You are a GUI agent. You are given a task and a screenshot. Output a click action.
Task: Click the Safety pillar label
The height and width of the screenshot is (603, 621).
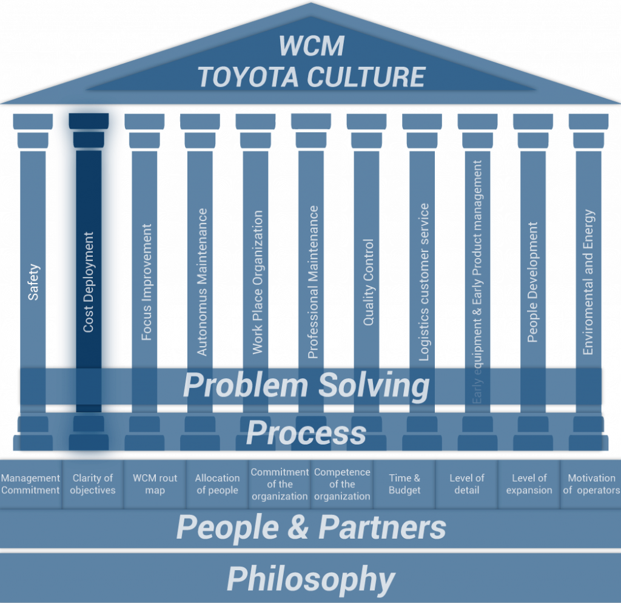pyautogui.click(x=34, y=282)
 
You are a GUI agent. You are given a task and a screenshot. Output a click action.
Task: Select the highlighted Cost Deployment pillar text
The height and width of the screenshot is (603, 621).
pyautogui.click(x=89, y=282)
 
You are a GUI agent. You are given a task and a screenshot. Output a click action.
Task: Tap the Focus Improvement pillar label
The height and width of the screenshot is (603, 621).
pyautogui.click(x=146, y=282)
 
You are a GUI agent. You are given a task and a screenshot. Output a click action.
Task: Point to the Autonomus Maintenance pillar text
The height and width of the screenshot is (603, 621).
pyautogui.click(x=202, y=282)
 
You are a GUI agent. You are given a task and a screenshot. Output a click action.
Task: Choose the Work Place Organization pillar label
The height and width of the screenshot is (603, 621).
pyautogui.click(x=258, y=282)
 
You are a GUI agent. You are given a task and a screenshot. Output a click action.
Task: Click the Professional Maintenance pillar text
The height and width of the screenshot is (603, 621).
pyautogui.click(x=313, y=282)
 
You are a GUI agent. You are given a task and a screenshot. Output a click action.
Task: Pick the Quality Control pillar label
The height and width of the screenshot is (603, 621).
pyautogui.click(x=368, y=282)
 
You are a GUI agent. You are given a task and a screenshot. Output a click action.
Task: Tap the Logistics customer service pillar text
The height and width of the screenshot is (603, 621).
pyautogui.click(x=424, y=282)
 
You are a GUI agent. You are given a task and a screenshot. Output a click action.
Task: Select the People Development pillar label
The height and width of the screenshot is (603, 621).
pyautogui.click(x=532, y=282)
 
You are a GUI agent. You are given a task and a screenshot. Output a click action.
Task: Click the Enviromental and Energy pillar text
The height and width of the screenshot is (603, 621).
pyautogui.click(x=588, y=282)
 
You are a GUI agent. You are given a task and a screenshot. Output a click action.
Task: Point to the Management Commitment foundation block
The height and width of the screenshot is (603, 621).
pyautogui.click(x=30, y=484)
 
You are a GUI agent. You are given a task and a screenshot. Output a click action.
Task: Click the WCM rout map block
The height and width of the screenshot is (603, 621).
pyautogui.click(x=155, y=484)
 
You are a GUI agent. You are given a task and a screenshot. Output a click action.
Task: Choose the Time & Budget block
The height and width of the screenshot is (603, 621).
pyautogui.click(x=404, y=484)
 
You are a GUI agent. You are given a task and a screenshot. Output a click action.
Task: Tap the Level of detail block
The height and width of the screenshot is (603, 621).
pyautogui.click(x=467, y=484)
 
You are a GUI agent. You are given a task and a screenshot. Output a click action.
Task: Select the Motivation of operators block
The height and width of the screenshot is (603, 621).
pyautogui.click(x=591, y=484)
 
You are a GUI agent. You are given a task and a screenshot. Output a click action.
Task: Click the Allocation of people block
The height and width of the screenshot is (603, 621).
pyautogui.click(x=217, y=484)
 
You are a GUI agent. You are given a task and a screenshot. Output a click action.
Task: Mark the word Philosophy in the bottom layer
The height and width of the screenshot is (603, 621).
pyautogui.click(x=310, y=579)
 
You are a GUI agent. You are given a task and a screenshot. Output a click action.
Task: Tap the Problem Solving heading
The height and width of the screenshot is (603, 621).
pyautogui.click(x=306, y=386)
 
